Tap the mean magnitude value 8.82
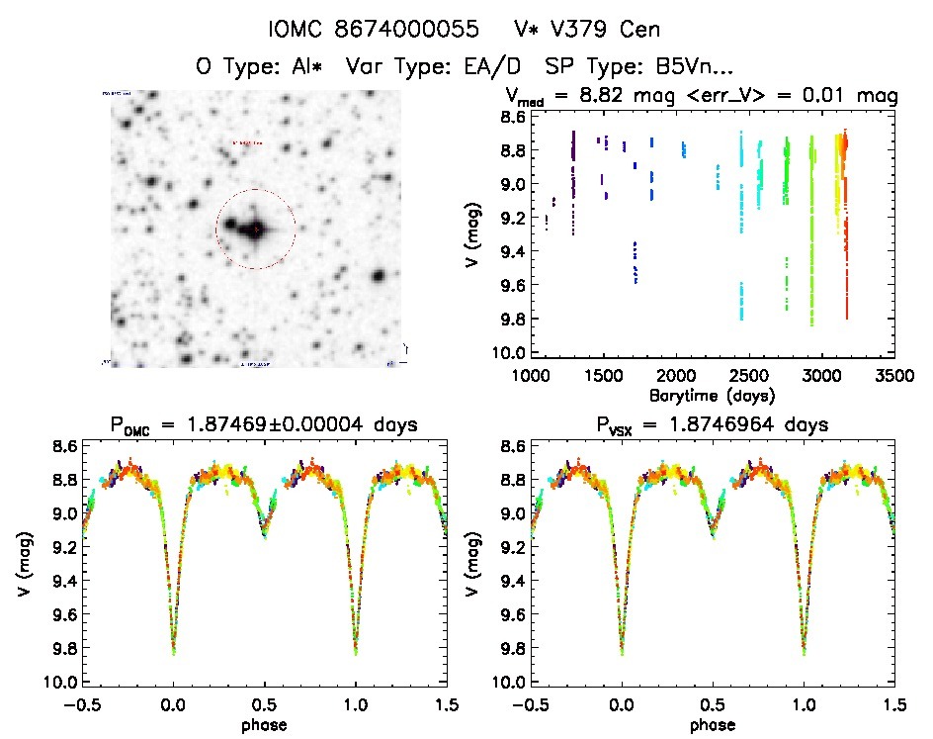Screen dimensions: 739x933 (x=598, y=96)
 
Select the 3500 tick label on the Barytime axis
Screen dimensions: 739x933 (x=893, y=377)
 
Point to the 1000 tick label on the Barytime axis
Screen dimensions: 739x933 (x=531, y=377)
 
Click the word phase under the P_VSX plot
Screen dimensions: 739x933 (x=713, y=724)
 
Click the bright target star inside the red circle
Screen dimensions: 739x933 (x=256, y=229)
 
